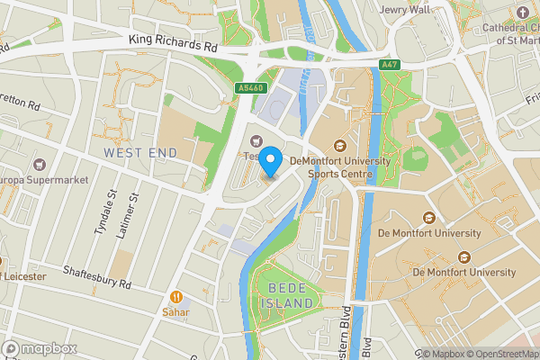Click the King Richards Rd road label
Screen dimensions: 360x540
click(173, 40)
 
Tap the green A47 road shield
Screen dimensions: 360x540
click(389, 65)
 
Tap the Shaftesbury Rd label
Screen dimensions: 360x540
click(97, 277)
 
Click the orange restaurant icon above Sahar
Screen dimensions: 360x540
click(177, 296)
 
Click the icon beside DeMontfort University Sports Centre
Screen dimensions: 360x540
click(340, 146)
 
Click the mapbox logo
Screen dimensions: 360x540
click(40, 348)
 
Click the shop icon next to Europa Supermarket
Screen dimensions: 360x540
click(40, 166)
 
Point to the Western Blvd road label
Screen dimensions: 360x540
click(344, 333)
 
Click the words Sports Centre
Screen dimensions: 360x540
click(340, 174)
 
